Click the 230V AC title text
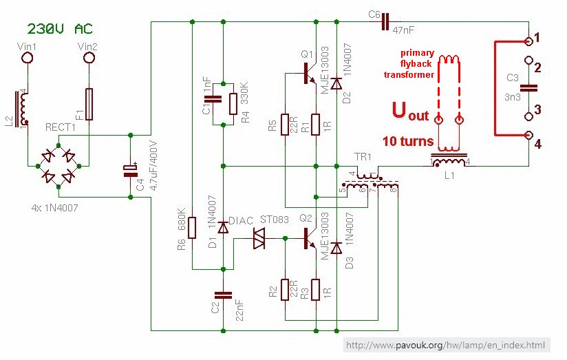(x=59, y=29)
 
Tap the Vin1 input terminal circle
(x=28, y=59)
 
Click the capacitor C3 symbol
(x=528, y=87)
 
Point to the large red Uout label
(x=409, y=112)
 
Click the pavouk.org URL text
(x=446, y=345)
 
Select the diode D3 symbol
(x=336, y=248)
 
